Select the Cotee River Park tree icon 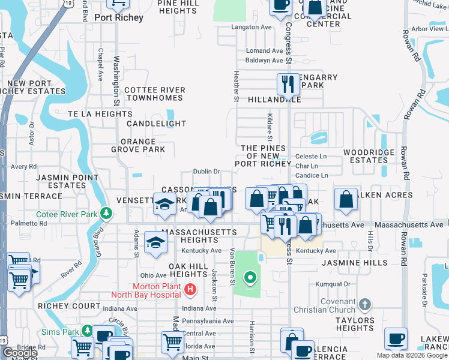coord(107,213)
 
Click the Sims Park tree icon coord(87,331)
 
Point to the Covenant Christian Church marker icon coord(364,305)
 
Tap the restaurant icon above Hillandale coord(288,84)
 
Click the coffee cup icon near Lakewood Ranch coord(396,339)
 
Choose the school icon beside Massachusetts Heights coord(155,243)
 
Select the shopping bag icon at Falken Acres coord(346,200)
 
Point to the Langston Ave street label coord(251,28)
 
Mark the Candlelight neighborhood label coord(156,124)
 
